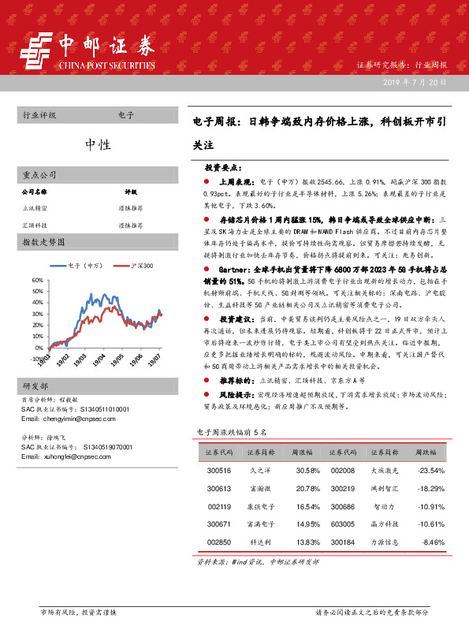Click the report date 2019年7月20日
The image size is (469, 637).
click(416, 82)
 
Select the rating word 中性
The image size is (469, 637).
click(98, 144)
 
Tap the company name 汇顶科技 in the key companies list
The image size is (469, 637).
click(35, 225)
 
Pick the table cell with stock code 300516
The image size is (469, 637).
click(218, 471)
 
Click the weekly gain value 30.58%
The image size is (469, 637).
click(307, 471)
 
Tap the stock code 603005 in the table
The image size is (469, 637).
click(343, 523)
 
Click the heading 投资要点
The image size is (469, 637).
click(229, 168)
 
